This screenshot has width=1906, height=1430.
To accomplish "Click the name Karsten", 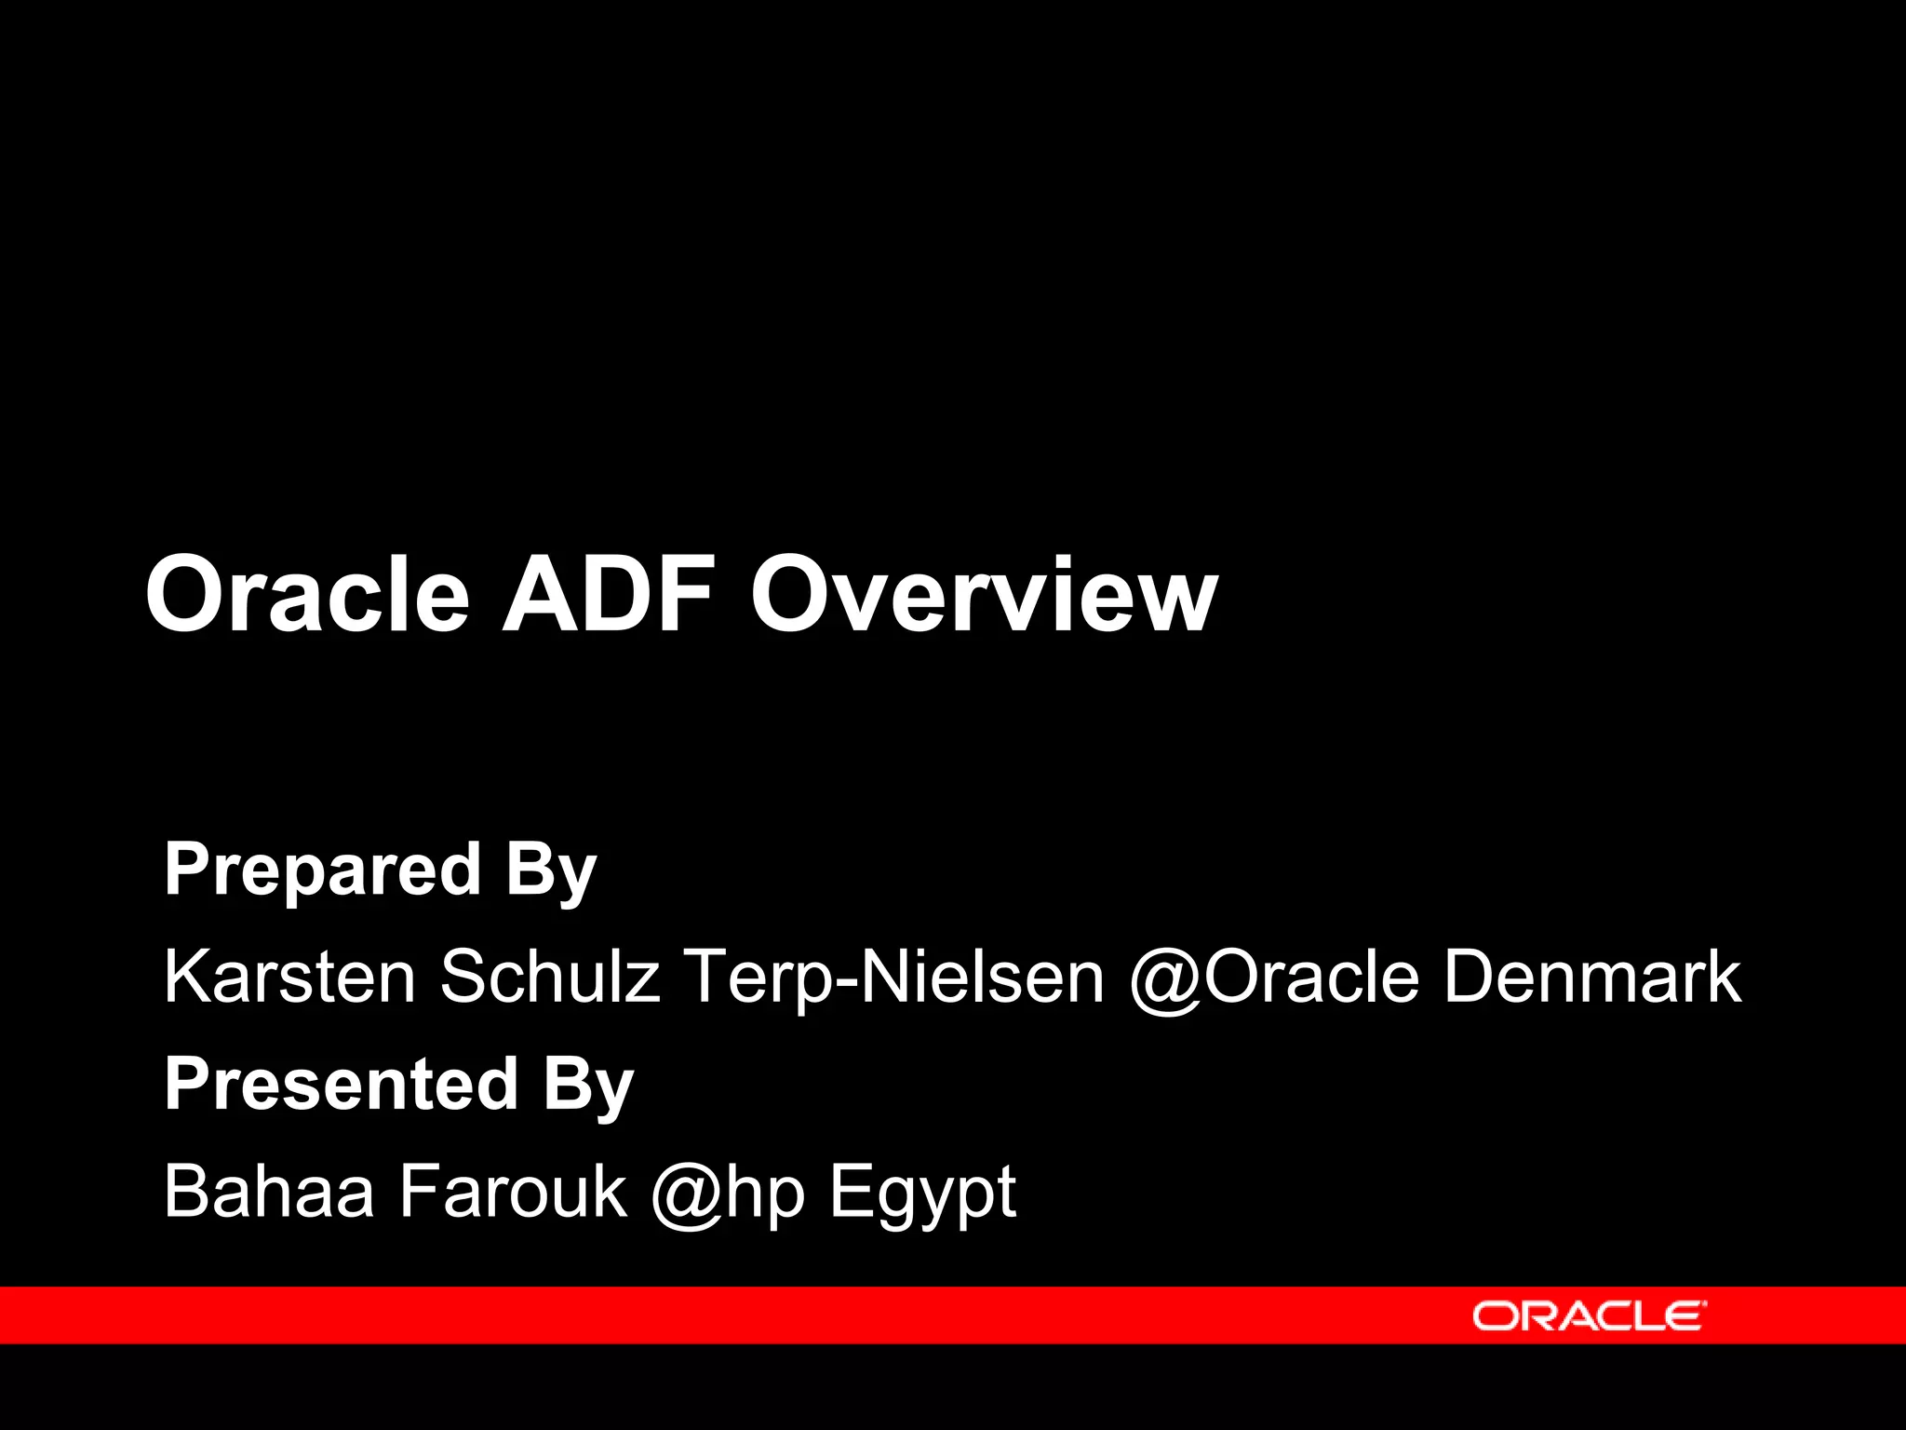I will point(289,977).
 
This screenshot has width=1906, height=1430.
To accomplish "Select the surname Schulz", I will point(550,977).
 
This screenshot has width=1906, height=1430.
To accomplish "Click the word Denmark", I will point(1591,977).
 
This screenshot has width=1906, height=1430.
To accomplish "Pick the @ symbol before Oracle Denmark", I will point(1165,978).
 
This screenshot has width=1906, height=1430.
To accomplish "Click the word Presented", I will point(341,1085).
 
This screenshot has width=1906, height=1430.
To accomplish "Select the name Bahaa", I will point(269,1191).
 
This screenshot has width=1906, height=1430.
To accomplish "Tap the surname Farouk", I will point(513,1191).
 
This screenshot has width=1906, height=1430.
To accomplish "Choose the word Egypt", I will point(922,1193).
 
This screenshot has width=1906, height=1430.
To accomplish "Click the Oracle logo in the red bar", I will point(1589,1316).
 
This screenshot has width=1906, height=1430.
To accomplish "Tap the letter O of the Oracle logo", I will point(1495,1316).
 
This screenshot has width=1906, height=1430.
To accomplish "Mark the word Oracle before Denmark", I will point(1312,977).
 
